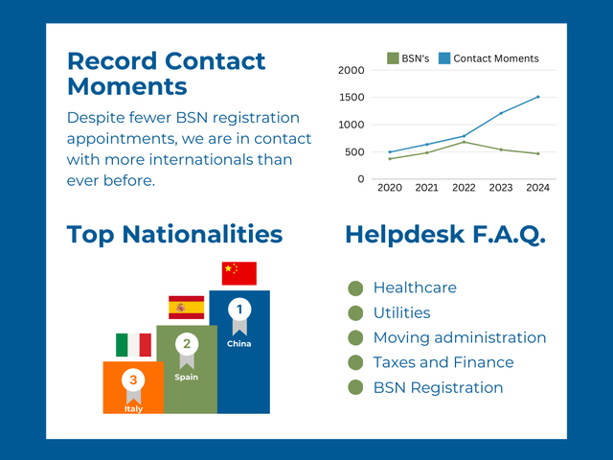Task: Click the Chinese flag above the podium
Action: coord(239,273)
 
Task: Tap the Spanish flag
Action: coord(187,308)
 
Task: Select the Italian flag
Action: coord(134,345)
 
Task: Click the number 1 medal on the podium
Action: coord(239,316)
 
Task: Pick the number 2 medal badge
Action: coord(187,350)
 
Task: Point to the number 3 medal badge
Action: coord(133,385)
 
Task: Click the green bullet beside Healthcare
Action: coord(355,288)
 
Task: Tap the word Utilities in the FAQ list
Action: coord(402,313)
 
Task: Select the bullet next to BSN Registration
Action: coord(355,387)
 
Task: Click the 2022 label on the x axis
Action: coord(464,188)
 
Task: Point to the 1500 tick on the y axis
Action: coord(352,98)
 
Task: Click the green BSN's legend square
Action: coord(393,58)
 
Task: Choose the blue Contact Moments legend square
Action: coord(444,58)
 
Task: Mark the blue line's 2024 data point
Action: coord(538,97)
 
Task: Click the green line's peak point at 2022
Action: coord(464,142)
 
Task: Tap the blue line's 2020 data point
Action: coord(390,152)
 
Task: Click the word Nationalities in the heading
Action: coord(202,234)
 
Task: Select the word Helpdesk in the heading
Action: coord(405,236)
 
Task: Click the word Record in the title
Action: coord(112,61)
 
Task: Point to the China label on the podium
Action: coord(239,344)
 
